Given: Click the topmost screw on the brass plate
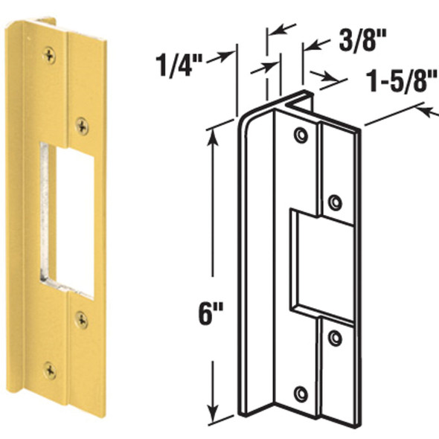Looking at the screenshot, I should [x=49, y=54].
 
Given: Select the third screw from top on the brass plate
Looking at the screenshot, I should [x=81, y=320].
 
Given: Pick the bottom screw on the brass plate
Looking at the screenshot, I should [x=49, y=369].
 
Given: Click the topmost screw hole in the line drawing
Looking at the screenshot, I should [x=301, y=136].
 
